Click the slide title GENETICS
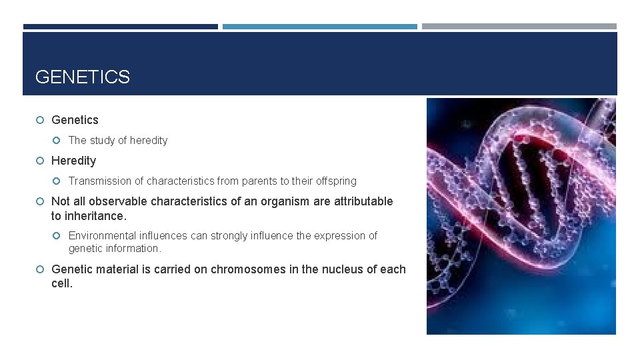(x=82, y=77)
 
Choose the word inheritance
(x=95, y=216)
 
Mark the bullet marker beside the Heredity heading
(x=40, y=161)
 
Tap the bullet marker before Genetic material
(x=40, y=269)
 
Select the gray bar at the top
(x=519, y=27)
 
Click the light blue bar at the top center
(x=319, y=27)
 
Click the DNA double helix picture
(x=521, y=216)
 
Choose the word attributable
(x=363, y=201)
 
